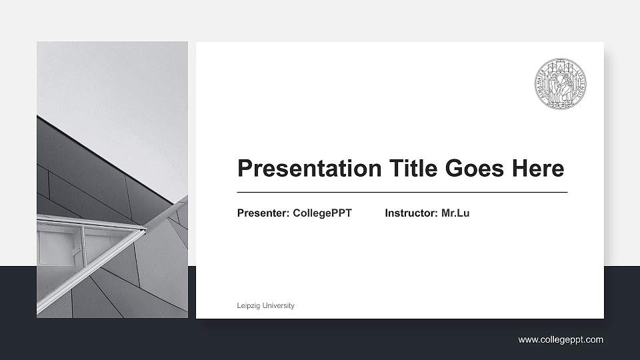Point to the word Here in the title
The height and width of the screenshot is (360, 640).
pos(537,169)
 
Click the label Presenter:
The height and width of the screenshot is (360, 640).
pos(263,213)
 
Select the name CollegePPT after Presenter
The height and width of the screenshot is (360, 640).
pos(322,213)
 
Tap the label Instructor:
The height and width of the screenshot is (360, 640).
pos(411,213)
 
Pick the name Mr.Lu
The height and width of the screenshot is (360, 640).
pos(455,213)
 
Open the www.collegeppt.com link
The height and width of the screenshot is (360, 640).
pos(561,340)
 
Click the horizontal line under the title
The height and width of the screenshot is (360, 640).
pos(402,192)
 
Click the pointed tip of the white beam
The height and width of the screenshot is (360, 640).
pos(145,230)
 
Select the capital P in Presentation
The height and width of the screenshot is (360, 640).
pos(245,169)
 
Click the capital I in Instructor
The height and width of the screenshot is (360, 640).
pos(387,213)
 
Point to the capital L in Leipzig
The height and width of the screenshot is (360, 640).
pos(239,306)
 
